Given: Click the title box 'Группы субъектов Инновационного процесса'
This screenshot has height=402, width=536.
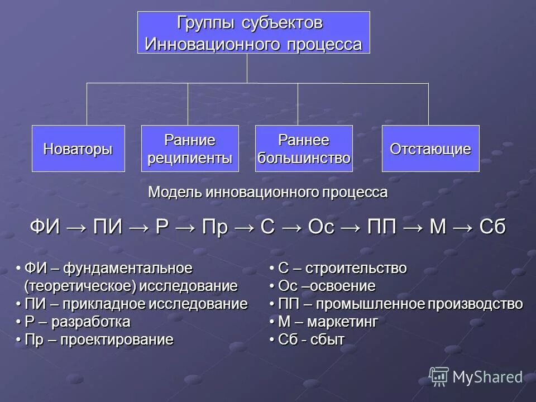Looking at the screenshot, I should tap(253, 32).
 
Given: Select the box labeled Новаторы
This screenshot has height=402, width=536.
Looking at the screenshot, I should tap(78, 149).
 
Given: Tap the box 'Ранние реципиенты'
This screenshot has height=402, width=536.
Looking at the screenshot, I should tap(189, 149).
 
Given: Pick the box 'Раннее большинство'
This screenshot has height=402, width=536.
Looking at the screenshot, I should tap(304, 149).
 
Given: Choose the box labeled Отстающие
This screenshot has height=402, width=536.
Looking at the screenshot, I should tap(430, 149).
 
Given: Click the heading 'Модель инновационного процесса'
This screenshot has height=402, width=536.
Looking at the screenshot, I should tap(267, 193).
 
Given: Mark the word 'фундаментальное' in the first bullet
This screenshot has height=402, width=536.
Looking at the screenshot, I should tap(128, 269).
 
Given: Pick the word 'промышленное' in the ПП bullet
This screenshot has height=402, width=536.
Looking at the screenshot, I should tap(386, 304).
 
